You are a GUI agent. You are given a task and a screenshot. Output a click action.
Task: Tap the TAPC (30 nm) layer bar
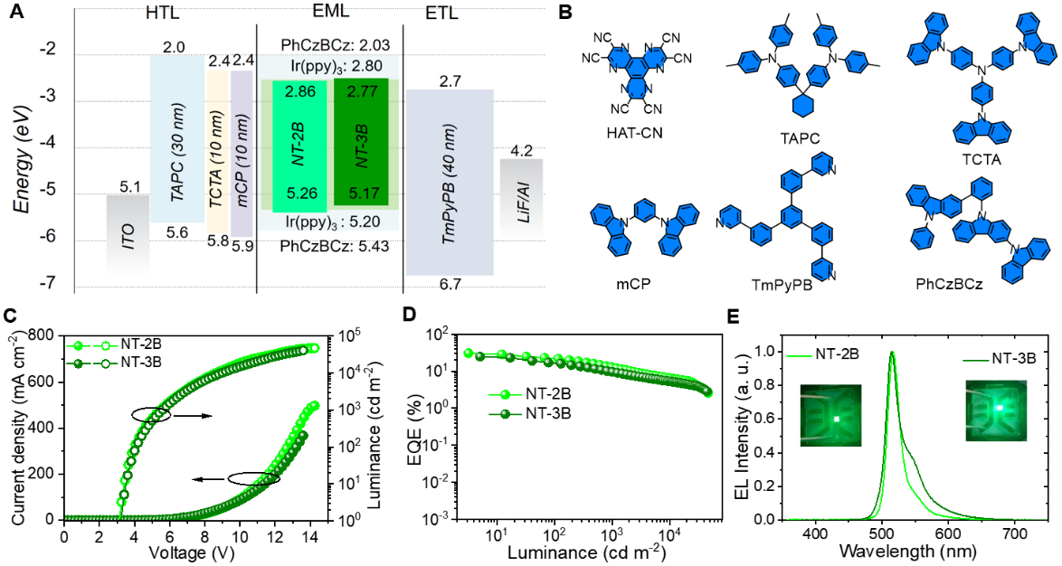click(177, 137)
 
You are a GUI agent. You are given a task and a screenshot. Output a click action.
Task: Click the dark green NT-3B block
click(361, 142)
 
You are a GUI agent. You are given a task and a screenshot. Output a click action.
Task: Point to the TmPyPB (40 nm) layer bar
click(449, 182)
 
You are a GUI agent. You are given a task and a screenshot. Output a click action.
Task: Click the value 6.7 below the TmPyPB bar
click(450, 285)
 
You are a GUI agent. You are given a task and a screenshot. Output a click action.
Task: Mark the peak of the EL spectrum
click(893, 354)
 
